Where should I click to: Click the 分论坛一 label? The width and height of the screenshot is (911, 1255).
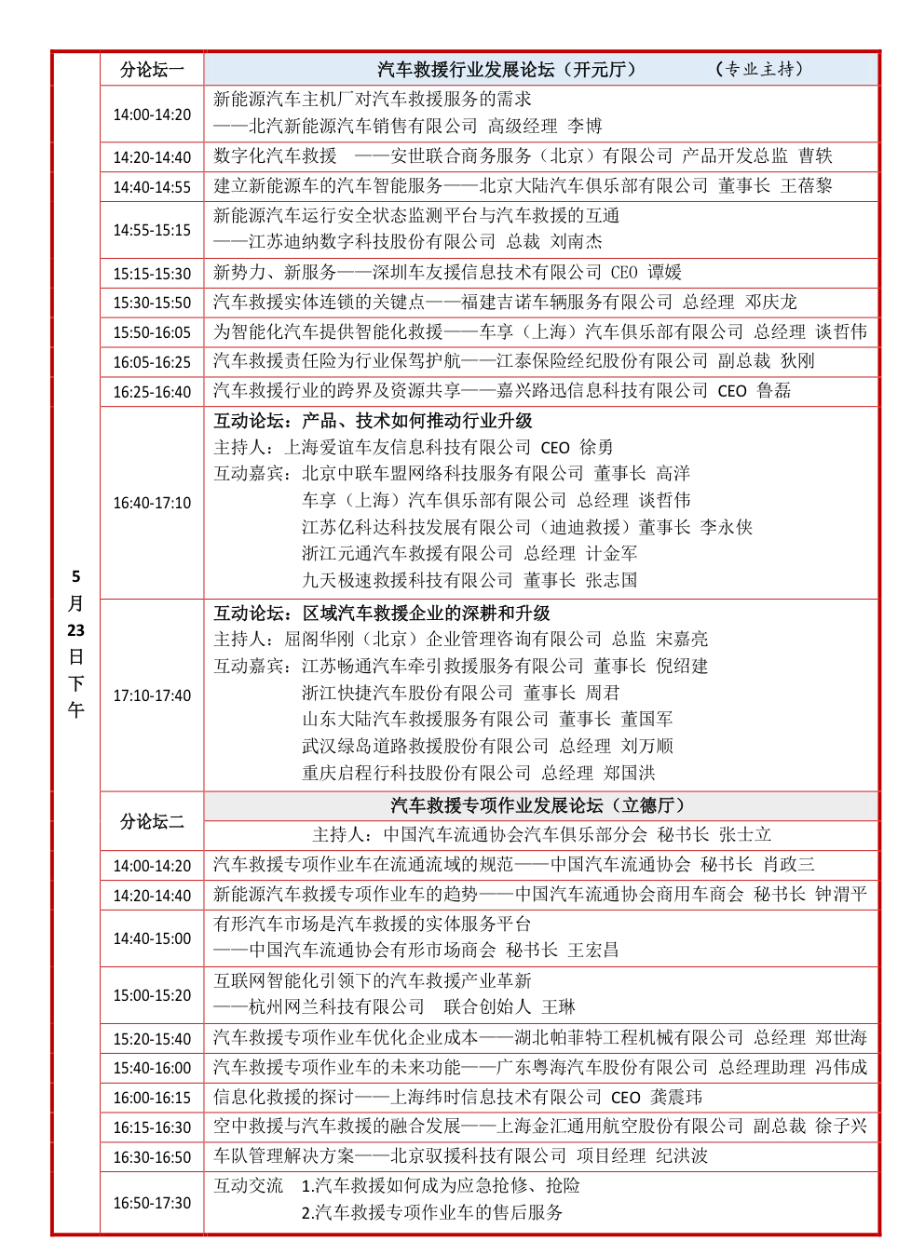coord(152,70)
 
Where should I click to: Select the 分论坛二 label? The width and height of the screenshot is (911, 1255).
coord(152,821)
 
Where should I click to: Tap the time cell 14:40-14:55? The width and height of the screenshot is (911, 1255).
coord(152,187)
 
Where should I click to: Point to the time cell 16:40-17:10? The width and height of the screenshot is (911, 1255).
coord(152,503)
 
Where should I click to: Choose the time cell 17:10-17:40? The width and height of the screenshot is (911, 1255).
coord(152,695)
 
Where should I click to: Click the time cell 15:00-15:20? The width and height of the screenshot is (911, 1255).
coord(152,995)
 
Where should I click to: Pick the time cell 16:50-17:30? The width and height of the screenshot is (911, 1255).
coord(152,1203)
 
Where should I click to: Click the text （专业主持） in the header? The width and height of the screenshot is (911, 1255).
coord(758,69)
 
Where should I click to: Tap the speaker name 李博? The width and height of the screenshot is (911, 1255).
coord(585,126)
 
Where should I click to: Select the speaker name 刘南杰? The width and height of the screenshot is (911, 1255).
coord(577,242)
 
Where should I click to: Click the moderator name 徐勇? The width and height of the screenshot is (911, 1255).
coord(596,448)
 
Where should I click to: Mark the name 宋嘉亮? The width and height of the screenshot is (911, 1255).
coord(682,640)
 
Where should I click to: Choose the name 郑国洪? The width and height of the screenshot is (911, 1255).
coord(629,774)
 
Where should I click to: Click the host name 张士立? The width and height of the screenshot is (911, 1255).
coord(745,835)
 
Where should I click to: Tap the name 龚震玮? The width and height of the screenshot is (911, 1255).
coord(676,1098)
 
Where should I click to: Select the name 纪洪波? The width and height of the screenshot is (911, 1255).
coord(682,1156)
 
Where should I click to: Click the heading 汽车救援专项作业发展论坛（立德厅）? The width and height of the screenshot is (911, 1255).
coord(537,805)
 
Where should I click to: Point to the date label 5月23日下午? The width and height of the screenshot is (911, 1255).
coord(75,642)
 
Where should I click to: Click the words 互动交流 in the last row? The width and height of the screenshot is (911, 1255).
coord(248,1185)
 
